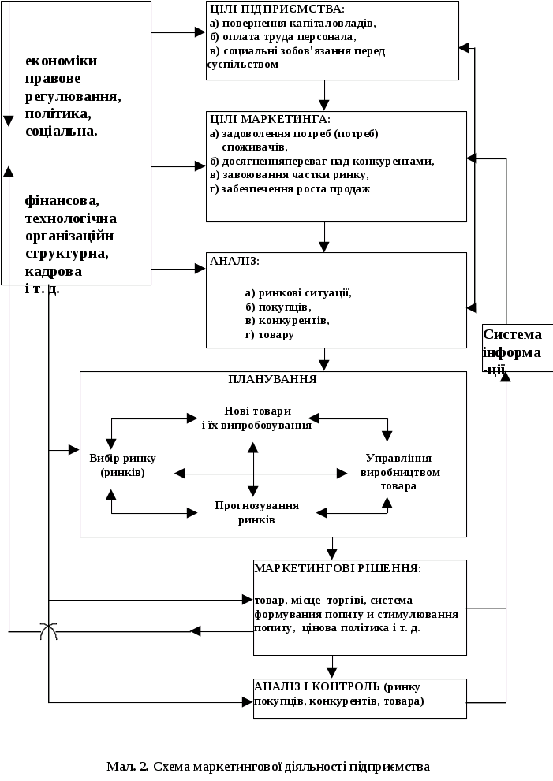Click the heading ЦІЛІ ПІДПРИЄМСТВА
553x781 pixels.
tap(277, 9)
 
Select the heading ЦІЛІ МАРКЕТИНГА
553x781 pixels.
tap(270, 120)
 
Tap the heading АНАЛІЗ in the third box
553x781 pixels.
tap(235, 260)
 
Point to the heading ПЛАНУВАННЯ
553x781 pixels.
tap(272, 379)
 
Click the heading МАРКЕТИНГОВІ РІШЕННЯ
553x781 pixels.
tap(338, 567)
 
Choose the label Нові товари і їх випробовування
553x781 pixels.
tap(257, 418)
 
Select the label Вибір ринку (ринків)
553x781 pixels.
tap(123, 465)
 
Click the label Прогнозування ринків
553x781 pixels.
tap(256, 512)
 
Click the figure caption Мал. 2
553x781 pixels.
tap(268, 766)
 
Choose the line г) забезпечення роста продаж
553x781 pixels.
tap(290, 189)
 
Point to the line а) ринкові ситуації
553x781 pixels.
tap(298, 292)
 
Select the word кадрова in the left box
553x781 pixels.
tap(54, 271)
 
